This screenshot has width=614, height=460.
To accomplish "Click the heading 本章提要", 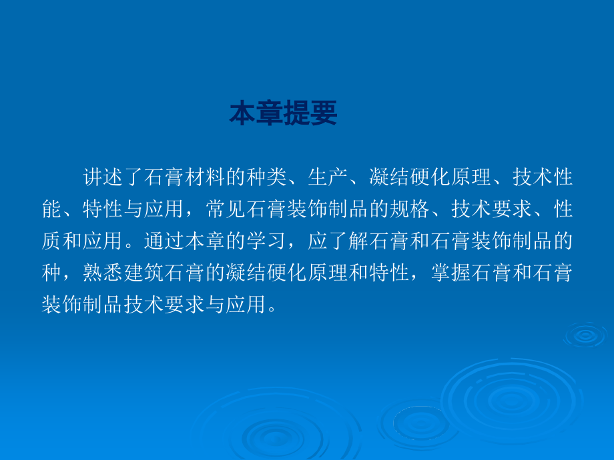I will tap(284, 114).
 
